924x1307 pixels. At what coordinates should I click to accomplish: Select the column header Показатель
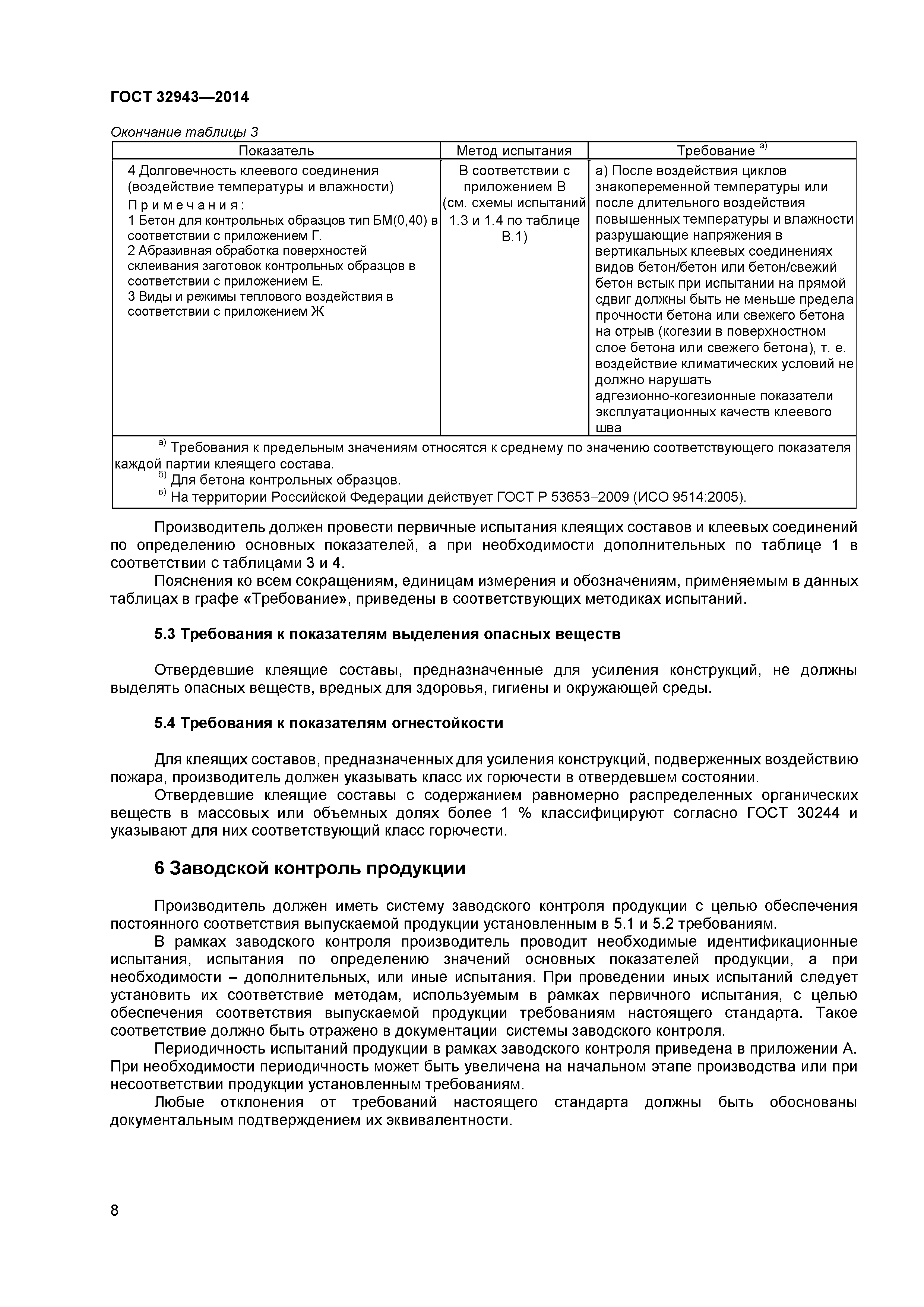(276, 151)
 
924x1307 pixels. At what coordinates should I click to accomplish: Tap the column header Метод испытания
(514, 151)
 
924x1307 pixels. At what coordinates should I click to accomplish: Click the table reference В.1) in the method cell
(514, 237)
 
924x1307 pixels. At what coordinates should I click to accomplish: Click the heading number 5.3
(165, 634)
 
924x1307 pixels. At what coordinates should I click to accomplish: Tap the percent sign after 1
(525, 813)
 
